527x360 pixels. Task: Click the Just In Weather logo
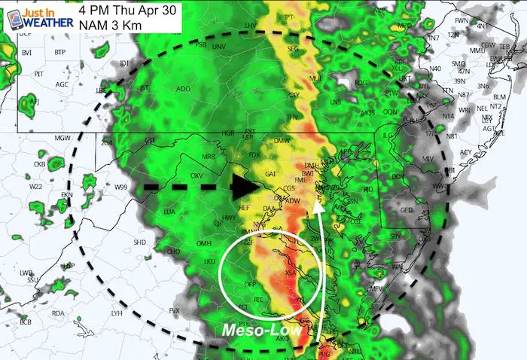pos(38,17)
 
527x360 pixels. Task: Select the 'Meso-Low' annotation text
pos(260,330)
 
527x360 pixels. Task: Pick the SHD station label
pos(139,242)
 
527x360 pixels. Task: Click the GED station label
pos(407,210)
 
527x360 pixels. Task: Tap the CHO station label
pos(173,251)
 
